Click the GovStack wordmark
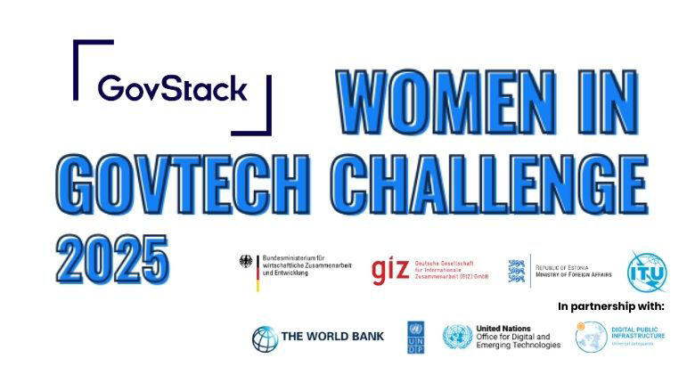coord(172,88)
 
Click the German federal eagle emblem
coord(246,264)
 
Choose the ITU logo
coord(646,272)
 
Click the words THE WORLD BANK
coord(332,337)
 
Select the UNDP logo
coord(415,338)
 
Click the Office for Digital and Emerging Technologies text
coord(519,340)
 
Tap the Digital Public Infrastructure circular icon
coord(592,337)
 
